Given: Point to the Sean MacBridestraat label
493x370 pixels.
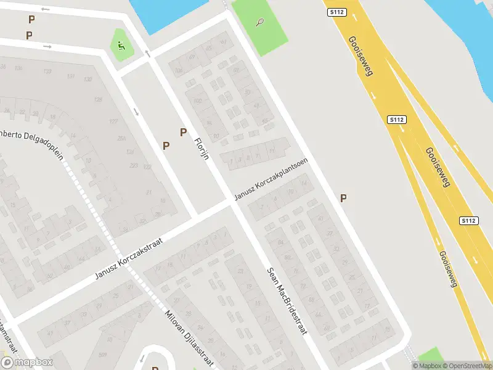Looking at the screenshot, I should click(287, 300).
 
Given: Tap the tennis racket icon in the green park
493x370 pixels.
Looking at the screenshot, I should click(260, 23).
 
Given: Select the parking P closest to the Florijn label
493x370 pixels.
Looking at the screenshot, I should click(183, 132).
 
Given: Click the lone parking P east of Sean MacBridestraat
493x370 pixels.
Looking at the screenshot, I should click(343, 198).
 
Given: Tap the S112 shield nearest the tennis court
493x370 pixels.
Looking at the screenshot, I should click(336, 11).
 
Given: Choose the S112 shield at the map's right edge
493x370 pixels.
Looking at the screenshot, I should click(469, 220).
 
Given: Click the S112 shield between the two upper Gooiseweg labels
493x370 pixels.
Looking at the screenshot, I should click(396, 119).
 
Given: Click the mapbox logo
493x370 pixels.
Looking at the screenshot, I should click(26, 363).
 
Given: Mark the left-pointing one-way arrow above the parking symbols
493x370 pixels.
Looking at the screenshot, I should click(45, 10).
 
